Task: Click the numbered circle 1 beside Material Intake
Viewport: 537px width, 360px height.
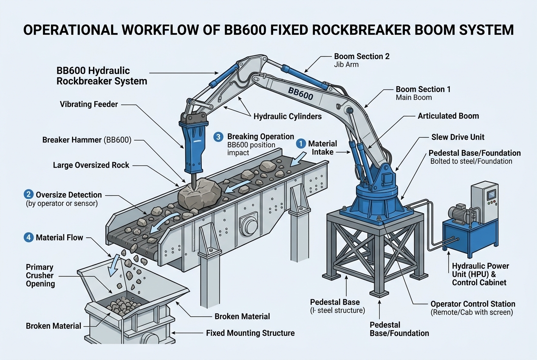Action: [x=301, y=144]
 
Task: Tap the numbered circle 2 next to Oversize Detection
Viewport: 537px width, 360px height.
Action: [x=28, y=195]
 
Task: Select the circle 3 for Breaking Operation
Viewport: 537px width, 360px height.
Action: [x=218, y=137]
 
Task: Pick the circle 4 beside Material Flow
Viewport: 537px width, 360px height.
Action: [x=28, y=237]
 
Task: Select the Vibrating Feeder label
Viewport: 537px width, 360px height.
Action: [x=89, y=104]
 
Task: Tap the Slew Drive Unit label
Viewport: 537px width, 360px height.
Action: [x=458, y=137]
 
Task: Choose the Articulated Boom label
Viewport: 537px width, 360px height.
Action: [x=448, y=116]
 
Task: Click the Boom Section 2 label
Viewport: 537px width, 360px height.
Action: [x=362, y=56]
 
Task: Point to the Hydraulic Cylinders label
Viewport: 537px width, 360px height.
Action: [x=288, y=116]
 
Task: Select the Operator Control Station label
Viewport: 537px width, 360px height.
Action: [x=472, y=304]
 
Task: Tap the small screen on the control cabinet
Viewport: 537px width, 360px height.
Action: [x=491, y=194]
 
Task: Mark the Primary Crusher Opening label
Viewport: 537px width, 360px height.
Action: [x=40, y=275]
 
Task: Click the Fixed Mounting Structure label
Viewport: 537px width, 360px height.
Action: [x=250, y=333]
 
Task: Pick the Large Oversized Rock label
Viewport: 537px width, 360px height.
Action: [x=91, y=165]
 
